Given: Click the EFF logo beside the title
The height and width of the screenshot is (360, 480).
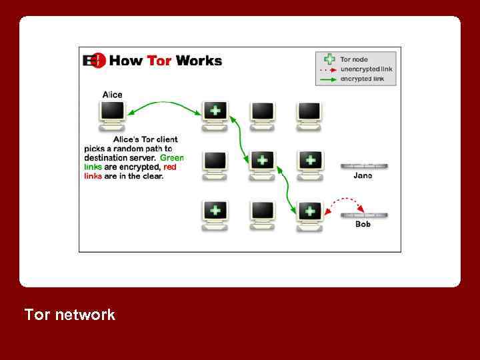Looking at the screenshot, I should pos(93,61).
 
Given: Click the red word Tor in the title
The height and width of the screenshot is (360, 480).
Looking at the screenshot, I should pos(159,61).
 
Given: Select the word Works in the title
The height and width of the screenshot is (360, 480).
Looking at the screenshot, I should pos(199,61).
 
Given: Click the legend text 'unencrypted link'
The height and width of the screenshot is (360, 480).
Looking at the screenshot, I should pos(366,69).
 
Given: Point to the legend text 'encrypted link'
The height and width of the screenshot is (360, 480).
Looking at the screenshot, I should pos(363,79).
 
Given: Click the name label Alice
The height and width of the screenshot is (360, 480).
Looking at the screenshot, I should pos(112,95).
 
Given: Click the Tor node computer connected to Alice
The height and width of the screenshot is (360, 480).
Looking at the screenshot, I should pos(215,111).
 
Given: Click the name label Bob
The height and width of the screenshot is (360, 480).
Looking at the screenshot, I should pos(363,225).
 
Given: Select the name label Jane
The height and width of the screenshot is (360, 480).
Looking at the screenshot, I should pos(363,176).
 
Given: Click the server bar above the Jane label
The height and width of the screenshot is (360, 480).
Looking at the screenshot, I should pos(364,166).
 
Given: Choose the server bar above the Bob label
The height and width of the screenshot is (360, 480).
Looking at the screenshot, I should pos(364,215).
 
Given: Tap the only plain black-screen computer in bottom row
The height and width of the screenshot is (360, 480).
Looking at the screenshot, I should pos(263,211).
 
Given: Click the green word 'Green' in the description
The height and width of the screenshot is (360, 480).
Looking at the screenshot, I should pos(172,158).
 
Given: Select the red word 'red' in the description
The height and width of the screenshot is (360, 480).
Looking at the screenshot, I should pos(170,167).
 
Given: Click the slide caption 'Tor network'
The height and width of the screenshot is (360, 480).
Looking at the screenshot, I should pos(69,315).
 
